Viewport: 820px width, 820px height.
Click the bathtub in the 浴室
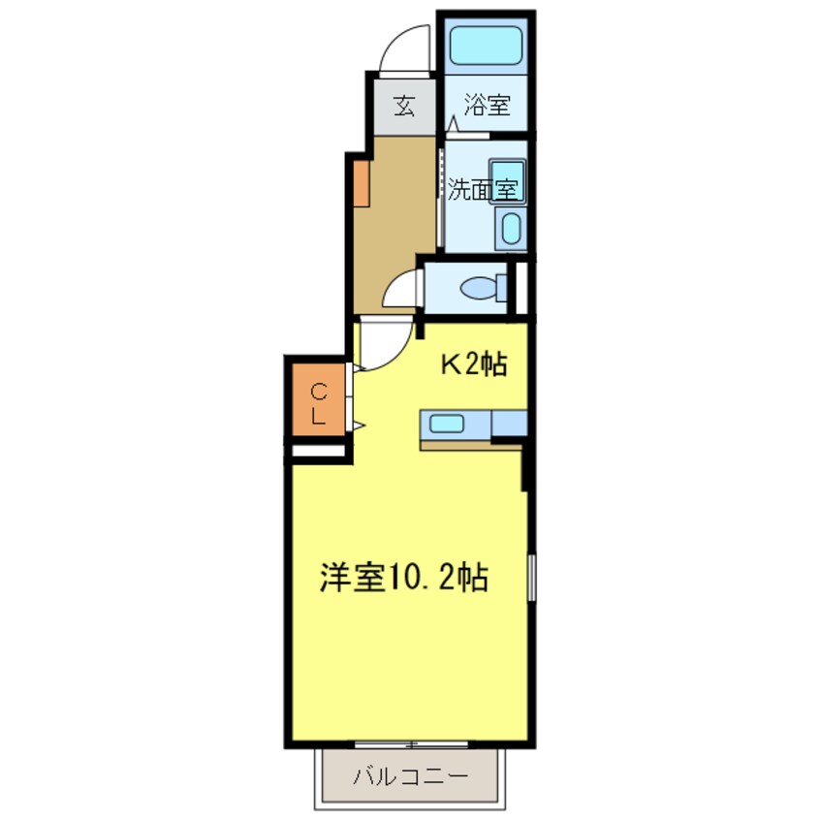pyautogui.click(x=487, y=46)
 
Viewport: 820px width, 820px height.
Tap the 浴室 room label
pyautogui.click(x=487, y=105)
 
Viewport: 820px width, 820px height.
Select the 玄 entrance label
pyautogui.click(x=404, y=107)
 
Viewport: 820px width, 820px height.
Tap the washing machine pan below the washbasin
pyautogui.click(x=511, y=229)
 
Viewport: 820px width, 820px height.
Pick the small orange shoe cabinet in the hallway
pyautogui.click(x=362, y=183)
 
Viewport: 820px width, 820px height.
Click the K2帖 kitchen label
pyautogui.click(x=474, y=364)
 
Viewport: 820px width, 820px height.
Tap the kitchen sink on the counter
pyautogui.click(x=447, y=424)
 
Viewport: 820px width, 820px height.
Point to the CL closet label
pyautogui.click(x=319, y=403)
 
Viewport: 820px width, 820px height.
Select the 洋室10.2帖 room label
pyautogui.click(x=403, y=578)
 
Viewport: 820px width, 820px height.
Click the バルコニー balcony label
pyautogui.click(x=410, y=776)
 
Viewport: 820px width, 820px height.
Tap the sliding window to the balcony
pyautogui.click(x=411, y=743)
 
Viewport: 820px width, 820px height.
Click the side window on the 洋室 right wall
pyautogui.click(x=531, y=578)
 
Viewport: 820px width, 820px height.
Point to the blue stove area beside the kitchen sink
pyautogui.click(x=509, y=423)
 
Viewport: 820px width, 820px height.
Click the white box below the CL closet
pyautogui.click(x=319, y=451)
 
